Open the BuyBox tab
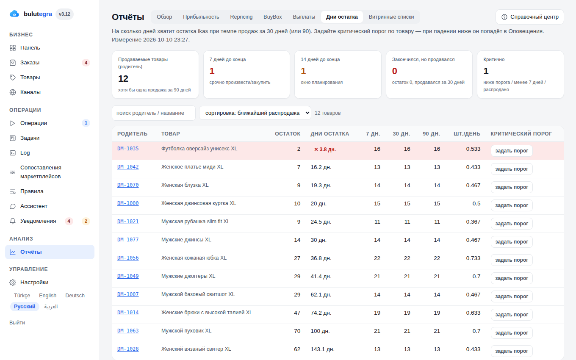click(x=273, y=17)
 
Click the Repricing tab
click(x=241, y=17)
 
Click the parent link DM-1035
click(x=128, y=149)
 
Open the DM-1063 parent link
click(x=128, y=331)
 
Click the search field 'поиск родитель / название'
click(x=153, y=113)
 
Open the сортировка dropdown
click(x=255, y=113)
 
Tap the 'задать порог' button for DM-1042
click(x=512, y=169)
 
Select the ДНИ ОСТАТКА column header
click(x=330, y=134)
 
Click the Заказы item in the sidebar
click(x=30, y=63)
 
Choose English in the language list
click(x=47, y=296)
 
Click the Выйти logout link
click(x=17, y=322)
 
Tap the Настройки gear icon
click(x=13, y=282)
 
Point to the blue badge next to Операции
click(x=86, y=123)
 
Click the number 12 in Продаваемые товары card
click(x=123, y=78)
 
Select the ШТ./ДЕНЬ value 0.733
click(x=473, y=258)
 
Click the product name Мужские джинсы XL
click(x=186, y=240)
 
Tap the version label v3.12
click(x=64, y=14)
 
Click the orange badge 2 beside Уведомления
click(x=86, y=221)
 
